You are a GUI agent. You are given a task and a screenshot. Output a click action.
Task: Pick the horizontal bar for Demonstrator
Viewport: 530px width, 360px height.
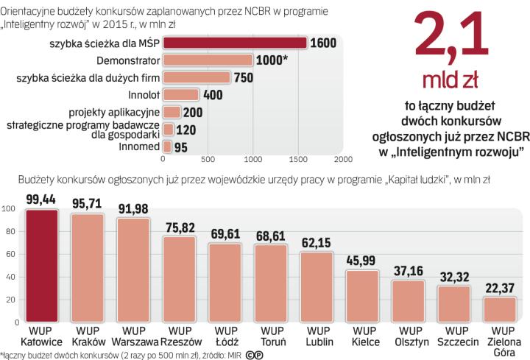207,60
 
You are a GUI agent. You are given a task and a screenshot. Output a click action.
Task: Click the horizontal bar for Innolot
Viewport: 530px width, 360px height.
180,94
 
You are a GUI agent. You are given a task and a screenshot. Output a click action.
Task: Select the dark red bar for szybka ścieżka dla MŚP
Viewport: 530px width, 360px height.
234,43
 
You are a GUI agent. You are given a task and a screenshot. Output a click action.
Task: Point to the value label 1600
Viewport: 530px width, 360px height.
323,43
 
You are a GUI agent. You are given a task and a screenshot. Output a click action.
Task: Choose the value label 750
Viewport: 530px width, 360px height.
242,77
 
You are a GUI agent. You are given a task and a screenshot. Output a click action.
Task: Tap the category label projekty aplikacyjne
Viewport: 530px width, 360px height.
114,112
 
